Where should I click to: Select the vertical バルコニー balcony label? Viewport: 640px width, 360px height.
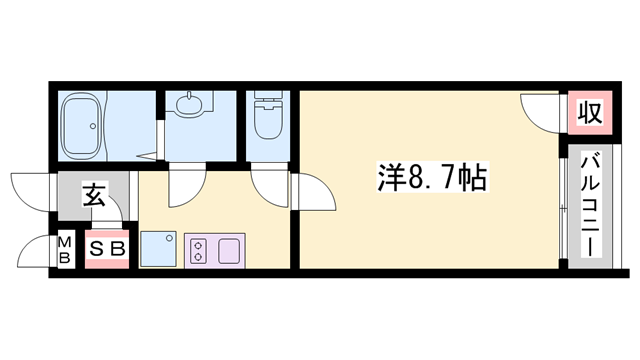[x=590, y=206]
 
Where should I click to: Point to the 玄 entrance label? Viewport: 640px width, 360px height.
[x=94, y=194]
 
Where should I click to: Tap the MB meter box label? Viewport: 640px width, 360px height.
[x=64, y=250]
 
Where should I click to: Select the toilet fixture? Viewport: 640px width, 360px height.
[x=268, y=119]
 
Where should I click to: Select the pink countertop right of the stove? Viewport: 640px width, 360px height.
[x=228, y=249]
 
